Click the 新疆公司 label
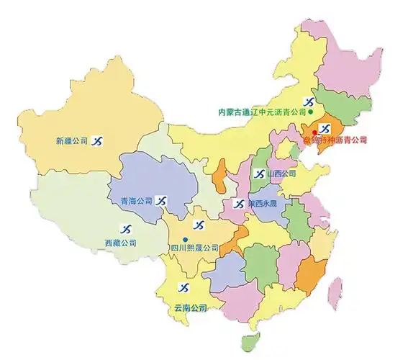pos(71,141)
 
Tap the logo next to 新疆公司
pos(96,140)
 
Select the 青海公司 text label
pos(137,201)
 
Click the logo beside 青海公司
pos(163,200)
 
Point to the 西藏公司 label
pos(121,243)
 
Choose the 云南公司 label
pos(190,307)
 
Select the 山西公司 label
pos(281,174)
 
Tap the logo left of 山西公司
pos(259,174)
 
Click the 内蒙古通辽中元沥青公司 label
pos(262,112)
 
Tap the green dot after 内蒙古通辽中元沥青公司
pos(310,112)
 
